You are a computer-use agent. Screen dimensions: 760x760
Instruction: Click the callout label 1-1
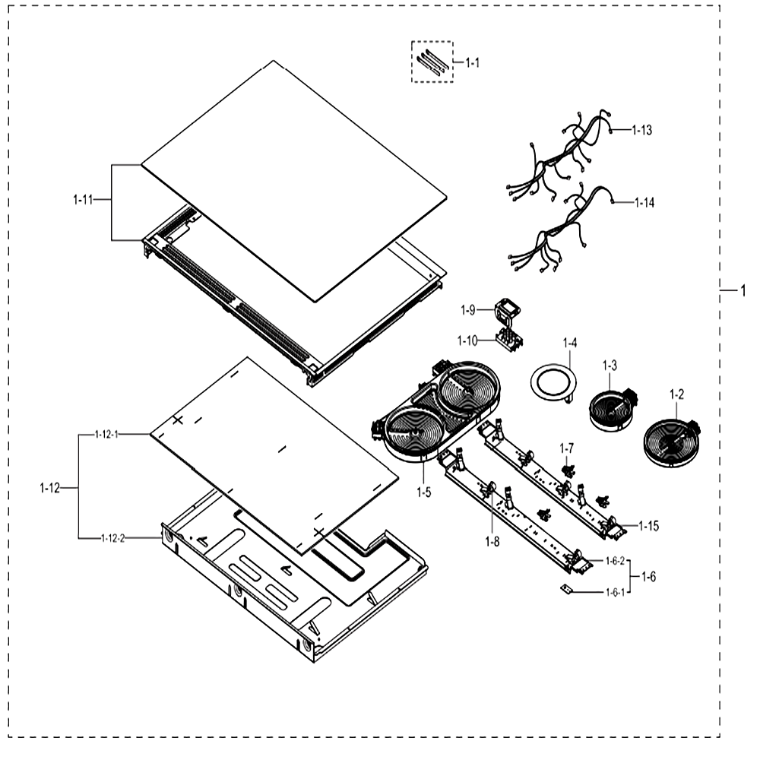(472, 62)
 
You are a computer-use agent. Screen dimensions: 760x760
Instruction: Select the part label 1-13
(641, 130)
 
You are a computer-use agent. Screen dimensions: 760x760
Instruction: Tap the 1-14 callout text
(644, 203)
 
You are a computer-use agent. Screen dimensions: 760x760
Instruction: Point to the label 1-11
(83, 199)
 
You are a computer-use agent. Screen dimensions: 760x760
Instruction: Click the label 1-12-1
(106, 434)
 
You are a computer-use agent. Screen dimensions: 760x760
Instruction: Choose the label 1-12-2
(113, 538)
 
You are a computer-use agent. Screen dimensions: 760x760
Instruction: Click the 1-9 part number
(467, 310)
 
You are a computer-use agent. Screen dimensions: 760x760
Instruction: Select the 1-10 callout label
(467, 340)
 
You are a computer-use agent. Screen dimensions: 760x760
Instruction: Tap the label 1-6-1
(615, 592)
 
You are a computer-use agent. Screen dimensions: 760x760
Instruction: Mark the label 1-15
(648, 526)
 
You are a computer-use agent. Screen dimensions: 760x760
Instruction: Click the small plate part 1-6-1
(565, 588)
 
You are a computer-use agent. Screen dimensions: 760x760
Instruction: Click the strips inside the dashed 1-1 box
(432, 61)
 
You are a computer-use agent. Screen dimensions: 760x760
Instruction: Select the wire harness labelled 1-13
(557, 155)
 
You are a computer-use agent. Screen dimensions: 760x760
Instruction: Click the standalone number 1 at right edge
(743, 291)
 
